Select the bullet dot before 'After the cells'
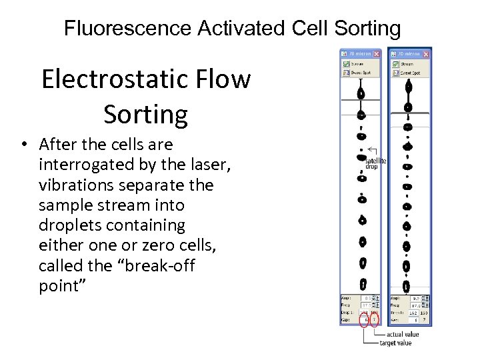coord(24,145)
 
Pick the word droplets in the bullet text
coord(73,225)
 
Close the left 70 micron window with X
coord(377,53)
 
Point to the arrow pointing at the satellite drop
coord(371,149)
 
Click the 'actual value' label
coord(402,334)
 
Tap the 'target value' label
coord(395,343)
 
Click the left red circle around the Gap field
coord(364,321)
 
